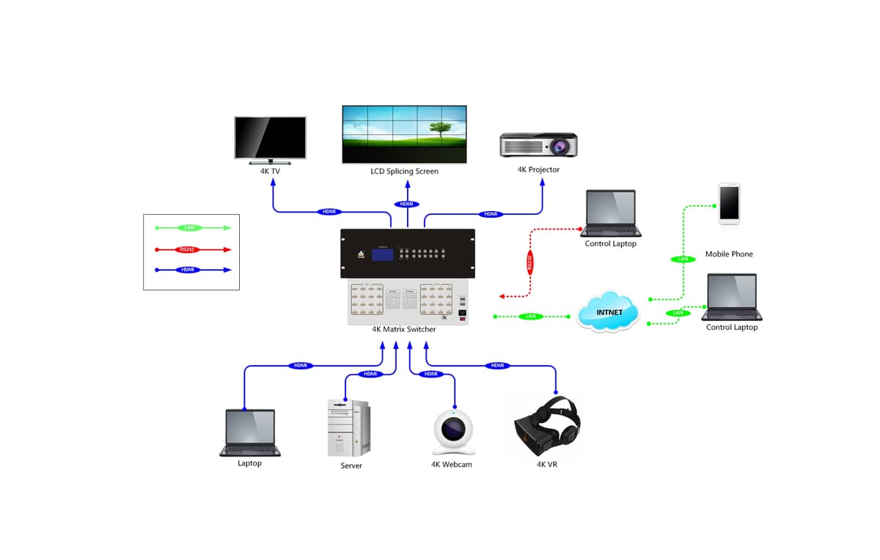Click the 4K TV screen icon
coord(270,139)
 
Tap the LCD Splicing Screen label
coord(404,172)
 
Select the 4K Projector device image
coord(538,144)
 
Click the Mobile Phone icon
coord(729,202)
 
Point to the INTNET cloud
coord(609,313)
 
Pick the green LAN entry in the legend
coord(190,228)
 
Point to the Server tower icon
coord(348,428)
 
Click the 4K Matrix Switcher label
coord(404,330)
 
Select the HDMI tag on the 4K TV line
coord(329,212)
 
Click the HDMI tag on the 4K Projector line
coord(491,214)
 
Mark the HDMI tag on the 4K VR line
coord(497,365)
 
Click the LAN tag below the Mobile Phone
coord(682,259)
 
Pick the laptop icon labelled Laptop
coord(249,432)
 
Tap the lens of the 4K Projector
coord(562,146)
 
